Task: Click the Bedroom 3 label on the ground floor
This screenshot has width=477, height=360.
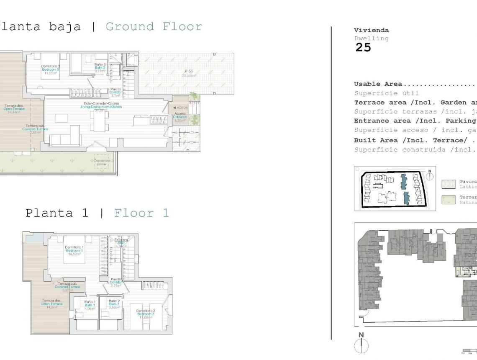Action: (50, 69)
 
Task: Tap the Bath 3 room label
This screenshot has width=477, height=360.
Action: (100, 67)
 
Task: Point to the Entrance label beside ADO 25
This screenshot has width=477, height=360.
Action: (180, 117)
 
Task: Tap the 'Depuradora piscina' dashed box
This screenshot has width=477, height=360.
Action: (102, 162)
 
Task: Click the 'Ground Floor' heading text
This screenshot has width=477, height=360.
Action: (154, 27)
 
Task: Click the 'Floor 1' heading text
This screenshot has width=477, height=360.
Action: (142, 213)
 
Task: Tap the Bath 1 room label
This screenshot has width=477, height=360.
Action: (90, 303)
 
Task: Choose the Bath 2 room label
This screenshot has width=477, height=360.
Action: (114, 303)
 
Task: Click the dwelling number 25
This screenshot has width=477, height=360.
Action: (363, 48)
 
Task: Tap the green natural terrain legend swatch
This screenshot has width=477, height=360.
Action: (448, 199)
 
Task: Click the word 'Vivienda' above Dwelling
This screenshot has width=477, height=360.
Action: (371, 30)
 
